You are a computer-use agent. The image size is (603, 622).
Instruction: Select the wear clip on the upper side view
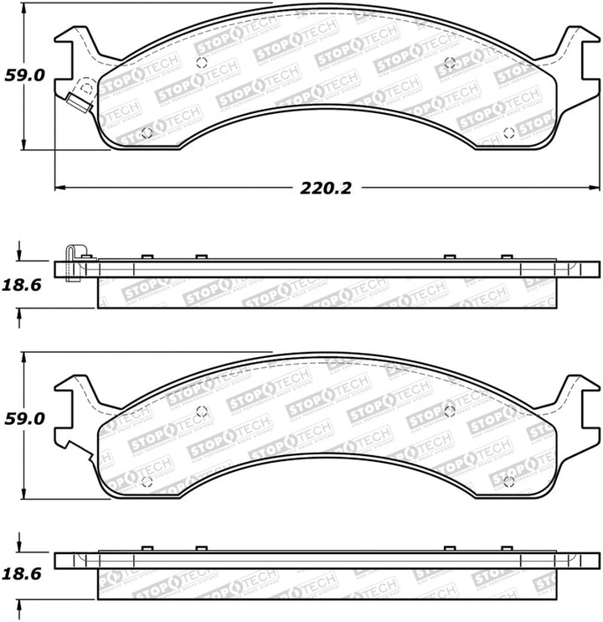tap(73, 262)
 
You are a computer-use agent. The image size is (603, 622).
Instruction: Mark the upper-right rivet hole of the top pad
tap(449, 62)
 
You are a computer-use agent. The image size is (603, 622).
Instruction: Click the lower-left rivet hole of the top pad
tap(147, 132)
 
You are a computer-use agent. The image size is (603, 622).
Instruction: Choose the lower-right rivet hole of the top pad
tap(509, 132)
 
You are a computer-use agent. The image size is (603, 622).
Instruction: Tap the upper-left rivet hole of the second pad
tap(201, 410)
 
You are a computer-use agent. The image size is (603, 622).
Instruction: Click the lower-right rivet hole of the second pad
tap(509, 481)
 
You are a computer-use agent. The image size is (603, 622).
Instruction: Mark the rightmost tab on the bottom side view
tap(506, 548)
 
